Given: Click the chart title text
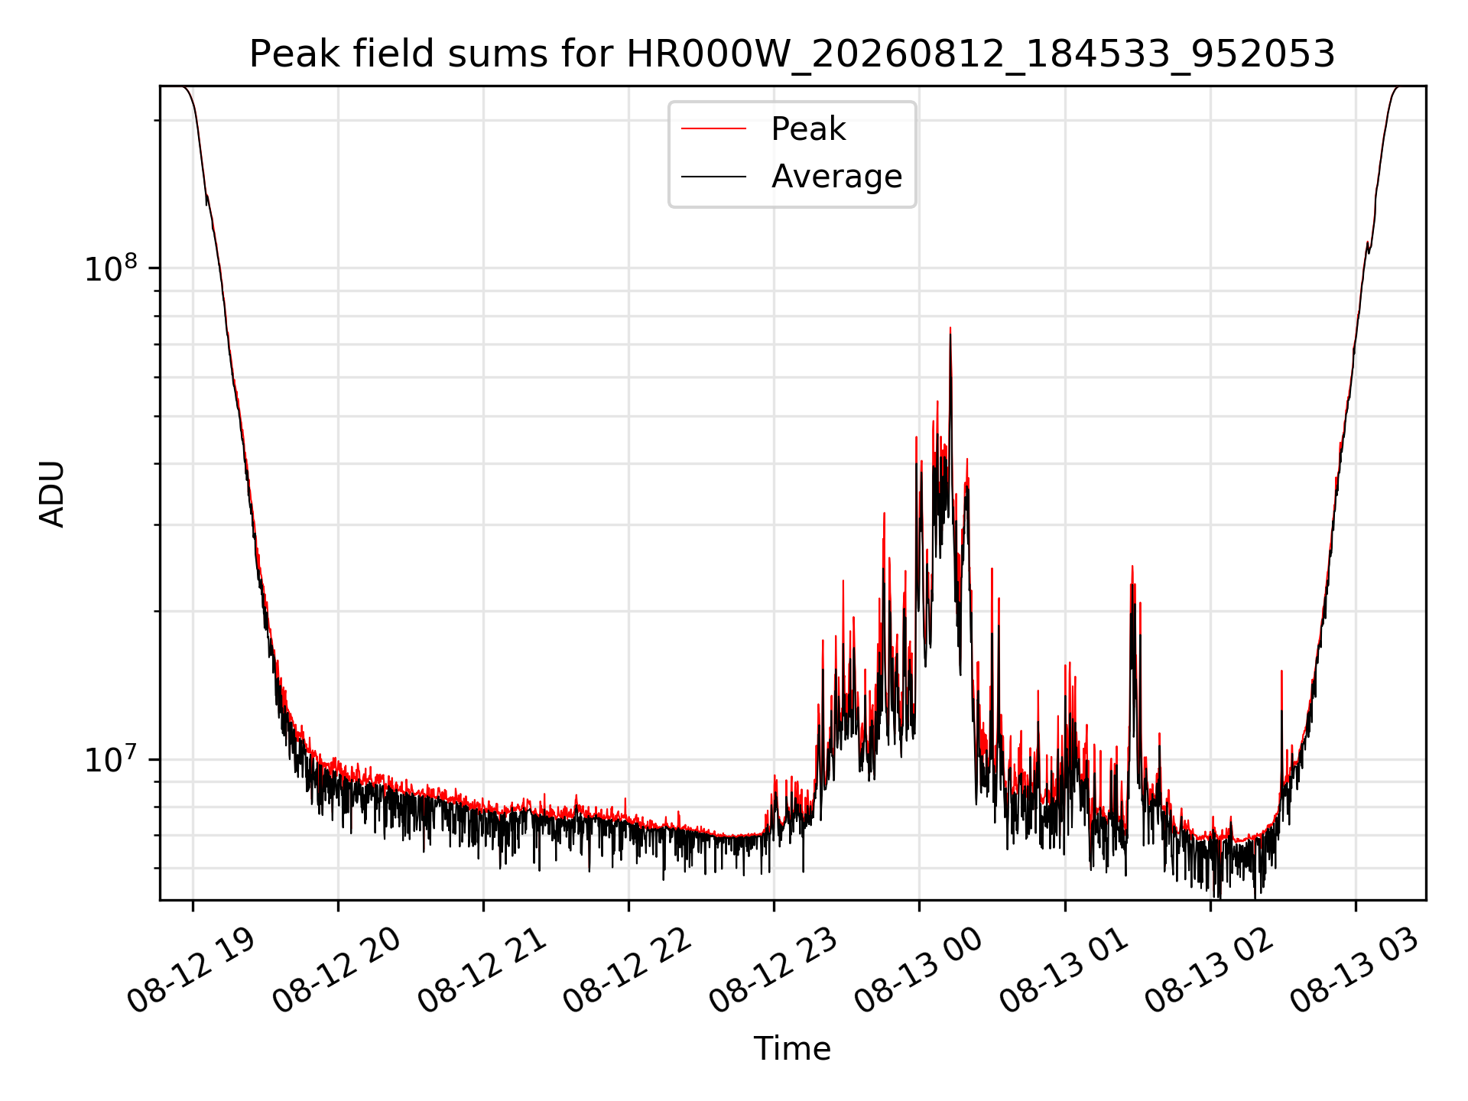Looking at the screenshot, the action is (792, 54).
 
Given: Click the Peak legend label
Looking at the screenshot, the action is (808, 128).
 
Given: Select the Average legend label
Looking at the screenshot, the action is (836, 177).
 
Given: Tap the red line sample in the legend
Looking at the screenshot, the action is (713, 128).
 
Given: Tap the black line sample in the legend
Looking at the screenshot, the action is (713, 177).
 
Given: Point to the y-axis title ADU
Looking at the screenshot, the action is (52, 493).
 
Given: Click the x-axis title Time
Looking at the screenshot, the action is (792, 1048).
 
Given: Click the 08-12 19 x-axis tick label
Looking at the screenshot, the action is (191, 971).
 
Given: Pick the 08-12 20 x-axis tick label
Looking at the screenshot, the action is (336, 971).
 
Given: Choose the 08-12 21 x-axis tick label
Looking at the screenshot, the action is (482, 971).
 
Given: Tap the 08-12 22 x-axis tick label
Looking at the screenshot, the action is (627, 971).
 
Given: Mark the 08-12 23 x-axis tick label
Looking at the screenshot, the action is (772, 971).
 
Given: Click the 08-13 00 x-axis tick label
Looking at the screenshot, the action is (917, 971).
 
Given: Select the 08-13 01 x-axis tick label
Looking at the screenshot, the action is (1064, 971).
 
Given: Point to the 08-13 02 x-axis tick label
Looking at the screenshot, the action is (1209, 971).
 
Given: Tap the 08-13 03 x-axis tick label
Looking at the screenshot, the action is (1354, 971).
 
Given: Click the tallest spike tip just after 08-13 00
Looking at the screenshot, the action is (950, 328).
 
